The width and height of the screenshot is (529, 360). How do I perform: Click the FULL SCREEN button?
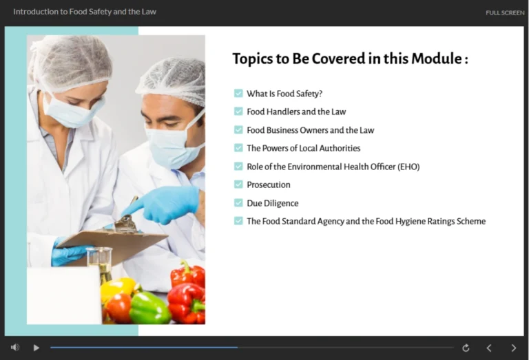tap(504, 12)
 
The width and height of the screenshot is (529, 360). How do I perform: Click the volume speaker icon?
tap(15, 348)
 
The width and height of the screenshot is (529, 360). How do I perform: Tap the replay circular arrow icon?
tap(466, 348)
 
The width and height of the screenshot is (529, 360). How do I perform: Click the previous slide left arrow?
tap(489, 348)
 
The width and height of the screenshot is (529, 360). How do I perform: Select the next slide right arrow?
tap(513, 348)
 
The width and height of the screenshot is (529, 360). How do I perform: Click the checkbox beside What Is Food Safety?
tap(238, 93)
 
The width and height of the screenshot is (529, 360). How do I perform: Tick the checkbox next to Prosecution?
tap(238, 184)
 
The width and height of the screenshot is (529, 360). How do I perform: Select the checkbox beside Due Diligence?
tap(238, 203)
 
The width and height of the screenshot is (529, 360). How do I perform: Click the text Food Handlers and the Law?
tap(296, 112)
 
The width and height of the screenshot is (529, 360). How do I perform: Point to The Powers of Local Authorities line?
tap(303, 148)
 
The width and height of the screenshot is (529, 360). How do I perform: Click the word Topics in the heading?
tap(252, 59)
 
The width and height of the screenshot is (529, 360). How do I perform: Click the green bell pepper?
tap(148, 306)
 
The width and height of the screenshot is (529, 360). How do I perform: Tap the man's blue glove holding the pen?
tap(169, 204)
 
